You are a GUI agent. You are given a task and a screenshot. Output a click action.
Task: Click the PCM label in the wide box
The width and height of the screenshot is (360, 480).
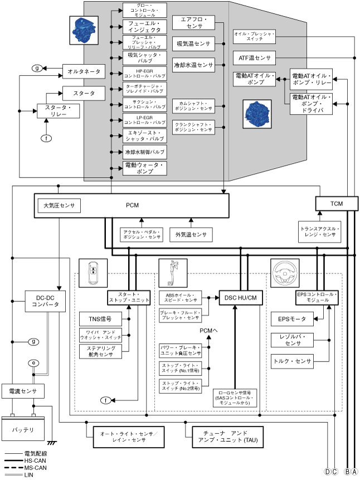coord(132,205)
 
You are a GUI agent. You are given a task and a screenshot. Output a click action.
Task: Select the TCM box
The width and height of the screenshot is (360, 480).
coord(337,204)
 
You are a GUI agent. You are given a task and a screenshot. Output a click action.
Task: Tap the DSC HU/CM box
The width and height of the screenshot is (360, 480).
coord(241,298)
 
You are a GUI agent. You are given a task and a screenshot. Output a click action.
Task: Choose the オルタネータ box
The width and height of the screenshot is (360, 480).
coord(84,72)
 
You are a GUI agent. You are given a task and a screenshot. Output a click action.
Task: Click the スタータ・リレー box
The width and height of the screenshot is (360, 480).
coord(58,110)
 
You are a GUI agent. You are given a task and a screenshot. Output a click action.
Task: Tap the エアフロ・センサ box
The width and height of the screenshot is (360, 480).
coord(193,23)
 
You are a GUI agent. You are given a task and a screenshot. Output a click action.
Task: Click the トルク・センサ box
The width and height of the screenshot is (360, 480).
coord(291,361)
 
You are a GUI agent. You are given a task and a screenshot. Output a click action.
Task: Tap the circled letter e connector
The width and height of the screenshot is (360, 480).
coord(33,363)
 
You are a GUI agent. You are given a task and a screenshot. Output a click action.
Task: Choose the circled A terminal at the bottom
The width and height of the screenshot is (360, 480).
coord(354,472)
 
